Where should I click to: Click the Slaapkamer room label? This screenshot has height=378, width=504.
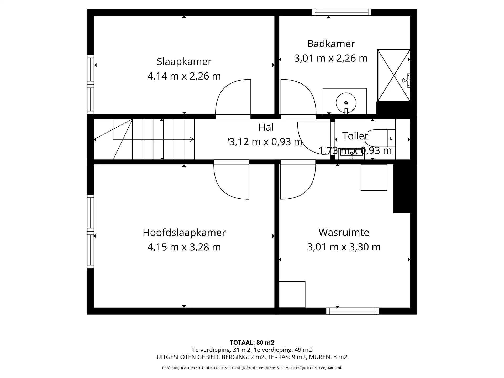pyautogui.click(x=184, y=62)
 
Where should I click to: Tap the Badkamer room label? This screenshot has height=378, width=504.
pyautogui.click(x=331, y=44)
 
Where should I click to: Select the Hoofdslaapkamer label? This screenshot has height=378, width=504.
pyautogui.click(x=184, y=233)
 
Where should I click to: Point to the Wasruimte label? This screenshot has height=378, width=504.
pyautogui.click(x=344, y=232)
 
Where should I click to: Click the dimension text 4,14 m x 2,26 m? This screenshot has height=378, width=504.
pyautogui.click(x=184, y=76)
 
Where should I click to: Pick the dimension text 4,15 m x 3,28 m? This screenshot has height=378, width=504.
pyautogui.click(x=184, y=247)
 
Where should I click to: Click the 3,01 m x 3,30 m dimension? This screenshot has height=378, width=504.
pyautogui.click(x=344, y=247)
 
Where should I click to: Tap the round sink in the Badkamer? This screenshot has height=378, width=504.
pyautogui.click(x=346, y=103)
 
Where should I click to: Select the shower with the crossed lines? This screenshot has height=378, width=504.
pyautogui.click(x=393, y=76)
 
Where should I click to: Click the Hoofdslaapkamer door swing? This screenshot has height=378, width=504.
pyautogui.click(x=231, y=181)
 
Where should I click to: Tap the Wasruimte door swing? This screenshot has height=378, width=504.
pyautogui.click(x=298, y=181)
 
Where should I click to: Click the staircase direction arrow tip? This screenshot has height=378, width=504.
pyautogui.click(x=192, y=139)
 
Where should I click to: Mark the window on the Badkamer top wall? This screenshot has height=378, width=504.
pyautogui.click(x=342, y=12)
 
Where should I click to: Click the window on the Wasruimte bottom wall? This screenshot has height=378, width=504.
pyautogui.click(x=353, y=311)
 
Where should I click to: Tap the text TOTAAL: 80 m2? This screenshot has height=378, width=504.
pyautogui.click(x=252, y=343)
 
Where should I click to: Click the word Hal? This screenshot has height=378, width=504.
pyautogui.click(x=266, y=127)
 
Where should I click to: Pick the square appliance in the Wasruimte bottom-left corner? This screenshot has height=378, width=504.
pyautogui.click(x=292, y=294)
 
